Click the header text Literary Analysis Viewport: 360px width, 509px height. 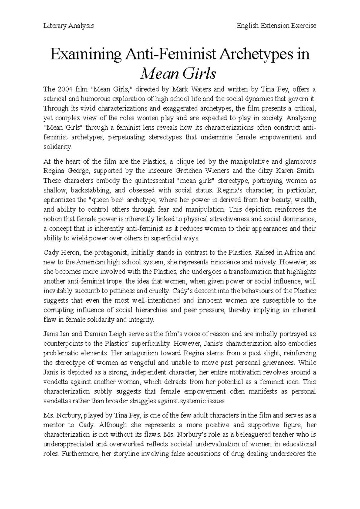69,26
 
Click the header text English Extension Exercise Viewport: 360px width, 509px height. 276,26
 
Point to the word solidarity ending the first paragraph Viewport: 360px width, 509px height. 57,147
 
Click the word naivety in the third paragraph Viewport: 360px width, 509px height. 265,262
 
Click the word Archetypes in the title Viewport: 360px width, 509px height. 257,55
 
